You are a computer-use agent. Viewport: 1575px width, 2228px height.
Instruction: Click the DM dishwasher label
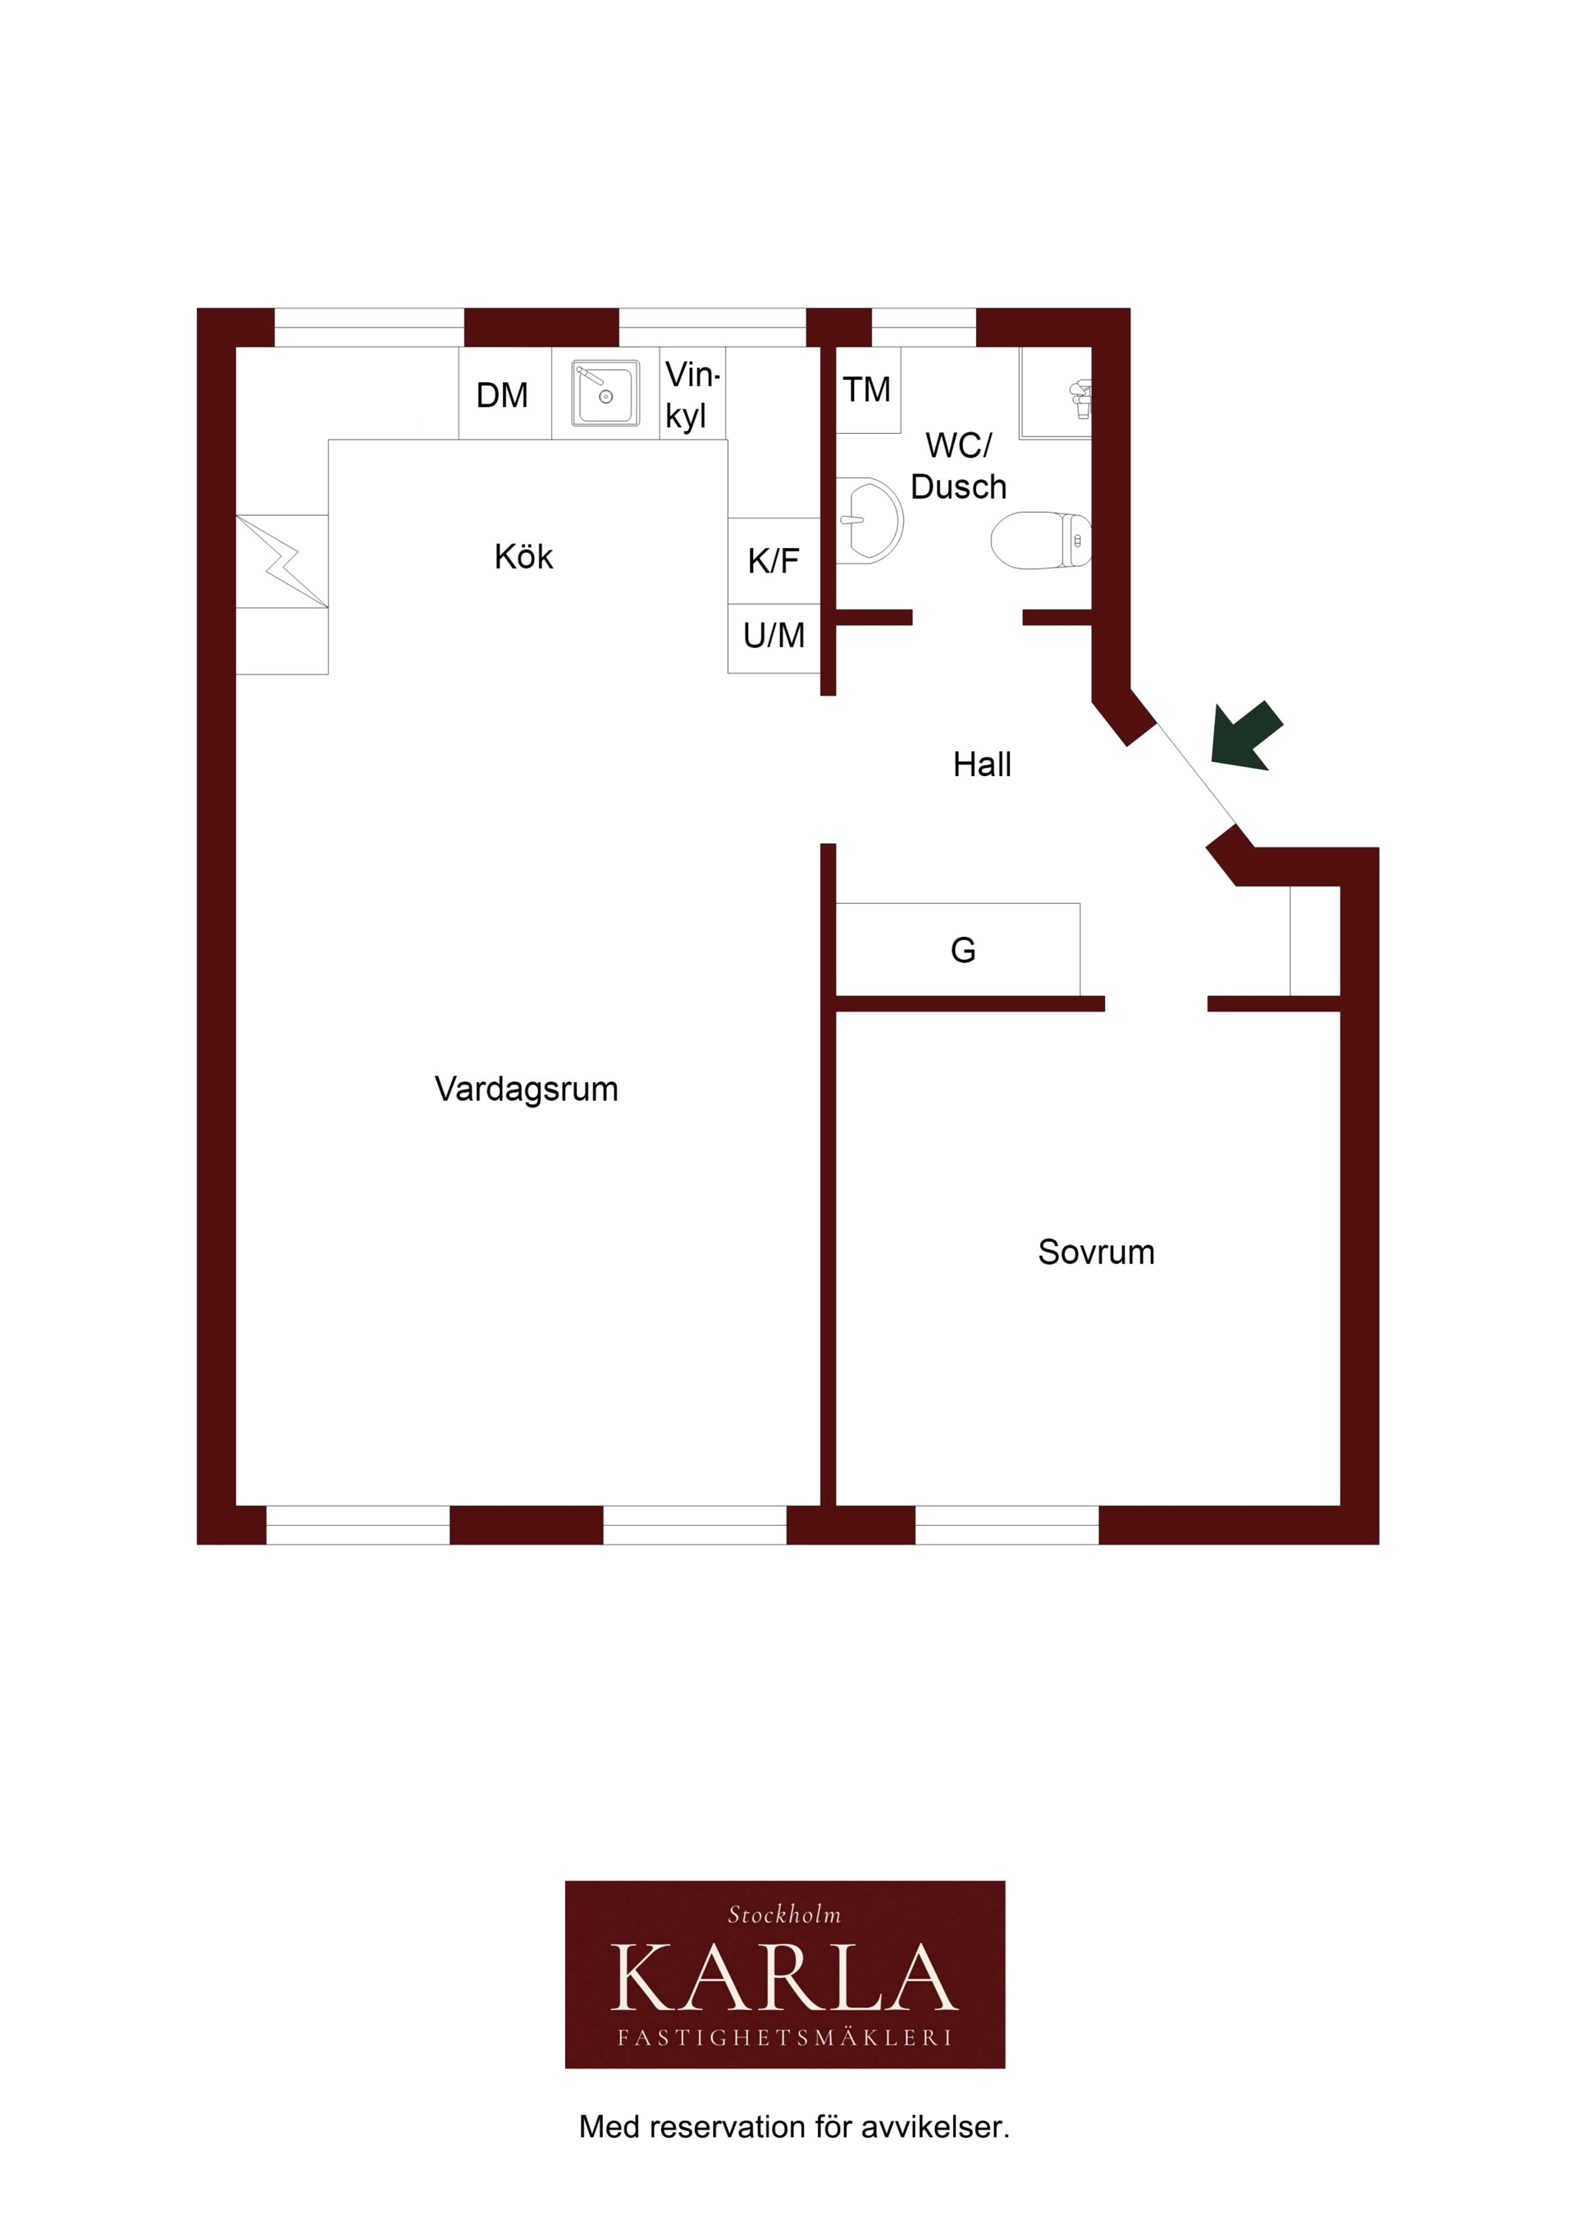pos(502,395)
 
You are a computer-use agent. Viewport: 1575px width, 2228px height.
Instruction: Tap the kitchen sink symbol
pos(605,393)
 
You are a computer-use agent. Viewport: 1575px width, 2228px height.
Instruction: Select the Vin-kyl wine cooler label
pos(692,394)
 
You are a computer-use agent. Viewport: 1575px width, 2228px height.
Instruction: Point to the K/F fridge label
pos(774,560)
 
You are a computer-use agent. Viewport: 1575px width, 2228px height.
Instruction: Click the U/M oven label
pos(774,636)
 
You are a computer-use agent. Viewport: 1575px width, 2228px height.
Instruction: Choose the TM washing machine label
pos(866,389)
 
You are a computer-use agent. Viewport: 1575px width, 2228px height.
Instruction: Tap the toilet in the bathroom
pos(1041,540)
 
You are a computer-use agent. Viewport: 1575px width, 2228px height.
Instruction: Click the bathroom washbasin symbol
pos(870,520)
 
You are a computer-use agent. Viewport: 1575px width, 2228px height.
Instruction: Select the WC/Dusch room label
pos(959,466)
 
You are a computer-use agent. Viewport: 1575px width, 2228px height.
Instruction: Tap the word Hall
pos(982,765)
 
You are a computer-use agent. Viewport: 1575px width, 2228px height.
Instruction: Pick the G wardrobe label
pos(963,950)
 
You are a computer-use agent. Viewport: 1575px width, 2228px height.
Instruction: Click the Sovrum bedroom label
pos(1097,1253)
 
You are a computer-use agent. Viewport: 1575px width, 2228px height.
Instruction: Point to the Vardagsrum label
pos(526,1089)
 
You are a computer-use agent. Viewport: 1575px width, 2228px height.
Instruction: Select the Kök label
pos(523,556)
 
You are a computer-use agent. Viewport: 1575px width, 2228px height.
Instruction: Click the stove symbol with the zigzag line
pos(282,561)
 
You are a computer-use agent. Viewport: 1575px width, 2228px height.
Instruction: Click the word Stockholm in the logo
pos(784,1915)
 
